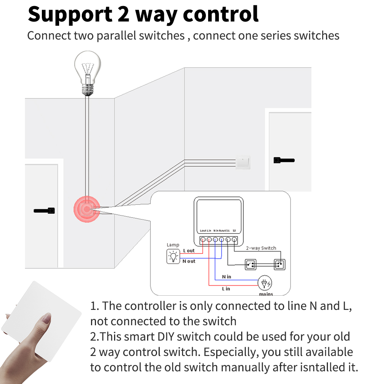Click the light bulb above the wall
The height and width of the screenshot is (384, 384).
[x=88, y=73]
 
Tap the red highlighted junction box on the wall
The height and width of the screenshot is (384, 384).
[x=87, y=209]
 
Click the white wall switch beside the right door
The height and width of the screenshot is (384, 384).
[x=243, y=162]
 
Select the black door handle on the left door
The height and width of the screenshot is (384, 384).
[x=44, y=210]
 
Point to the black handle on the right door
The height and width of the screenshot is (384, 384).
[x=284, y=160]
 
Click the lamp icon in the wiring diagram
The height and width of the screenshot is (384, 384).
[x=173, y=257]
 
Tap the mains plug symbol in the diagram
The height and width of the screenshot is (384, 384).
[x=265, y=283]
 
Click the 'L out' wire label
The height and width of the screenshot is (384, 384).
[x=189, y=250]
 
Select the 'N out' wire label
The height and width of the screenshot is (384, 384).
[x=189, y=261]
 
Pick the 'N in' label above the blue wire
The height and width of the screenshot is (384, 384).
[x=227, y=277]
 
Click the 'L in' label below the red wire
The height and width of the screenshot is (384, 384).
[x=226, y=289]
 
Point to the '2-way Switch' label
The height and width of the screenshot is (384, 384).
[x=261, y=248]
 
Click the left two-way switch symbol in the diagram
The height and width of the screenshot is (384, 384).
[x=250, y=265]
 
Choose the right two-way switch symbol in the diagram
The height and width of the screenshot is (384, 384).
[x=280, y=265]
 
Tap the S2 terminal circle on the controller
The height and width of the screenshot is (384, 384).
[x=234, y=240]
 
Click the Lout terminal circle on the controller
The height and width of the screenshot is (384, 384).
[x=203, y=240]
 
